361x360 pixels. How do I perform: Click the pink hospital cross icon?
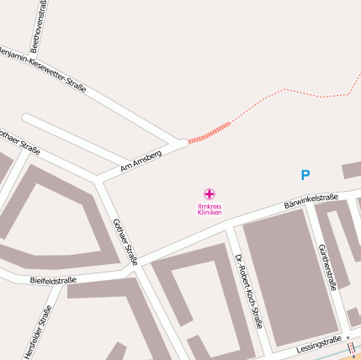[x=210, y=194]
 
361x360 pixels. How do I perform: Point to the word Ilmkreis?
[x=210, y=206]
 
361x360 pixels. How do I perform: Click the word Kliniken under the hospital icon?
[x=210, y=213]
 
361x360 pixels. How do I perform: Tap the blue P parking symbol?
[x=305, y=176]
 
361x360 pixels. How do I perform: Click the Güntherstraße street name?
[x=327, y=267]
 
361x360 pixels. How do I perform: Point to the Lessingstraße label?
[x=319, y=346]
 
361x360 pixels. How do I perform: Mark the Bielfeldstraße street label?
[x=53, y=279]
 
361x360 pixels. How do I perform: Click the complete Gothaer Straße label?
[x=125, y=241]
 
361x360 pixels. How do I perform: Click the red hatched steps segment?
[x=209, y=133]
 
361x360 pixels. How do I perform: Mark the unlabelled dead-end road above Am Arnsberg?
[x=93, y=136]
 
